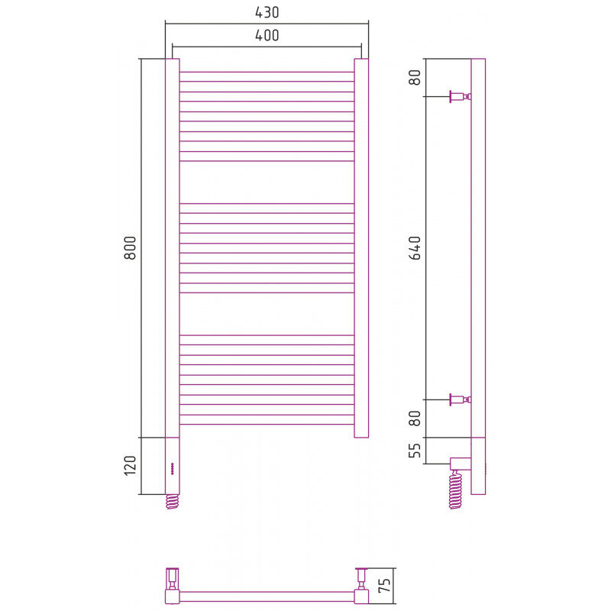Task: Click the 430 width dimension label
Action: point(267,12)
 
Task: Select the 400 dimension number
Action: point(267,35)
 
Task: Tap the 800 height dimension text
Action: point(130,247)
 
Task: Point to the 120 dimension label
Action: point(130,465)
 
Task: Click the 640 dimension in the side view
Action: point(415,247)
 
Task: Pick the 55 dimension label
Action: point(415,451)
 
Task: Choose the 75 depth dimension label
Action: point(384,585)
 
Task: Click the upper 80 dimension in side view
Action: point(415,77)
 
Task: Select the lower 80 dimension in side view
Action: point(415,419)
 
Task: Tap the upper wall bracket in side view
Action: point(461,96)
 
